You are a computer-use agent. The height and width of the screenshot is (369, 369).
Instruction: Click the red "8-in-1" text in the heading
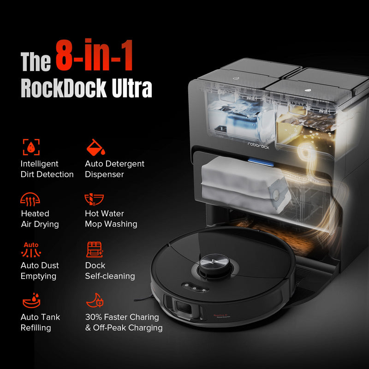tap(95, 55)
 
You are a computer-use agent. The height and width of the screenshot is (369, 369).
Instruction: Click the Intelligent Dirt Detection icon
tap(31, 147)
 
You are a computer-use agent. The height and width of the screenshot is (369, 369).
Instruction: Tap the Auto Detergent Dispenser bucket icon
tap(96, 147)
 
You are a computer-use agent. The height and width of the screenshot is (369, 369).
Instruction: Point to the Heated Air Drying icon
tap(30, 199)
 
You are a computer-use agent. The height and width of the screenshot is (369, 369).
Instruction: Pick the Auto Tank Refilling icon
tap(30, 302)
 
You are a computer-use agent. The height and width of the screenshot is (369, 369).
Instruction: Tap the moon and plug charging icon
tap(95, 302)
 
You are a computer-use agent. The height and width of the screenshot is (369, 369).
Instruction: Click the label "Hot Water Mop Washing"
tap(111, 219)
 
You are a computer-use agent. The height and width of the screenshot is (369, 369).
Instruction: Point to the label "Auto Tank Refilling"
tap(40, 322)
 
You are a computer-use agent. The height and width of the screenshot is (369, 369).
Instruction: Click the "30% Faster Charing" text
tap(122, 317)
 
